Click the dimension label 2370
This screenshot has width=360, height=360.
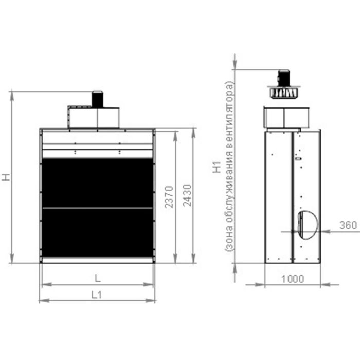(x=169, y=197)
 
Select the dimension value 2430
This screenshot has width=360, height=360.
(x=187, y=195)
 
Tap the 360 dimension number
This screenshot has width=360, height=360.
(x=348, y=225)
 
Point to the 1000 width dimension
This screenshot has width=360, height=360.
(x=293, y=279)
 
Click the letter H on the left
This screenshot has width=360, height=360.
(x=6, y=177)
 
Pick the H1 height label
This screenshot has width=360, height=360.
(x=217, y=167)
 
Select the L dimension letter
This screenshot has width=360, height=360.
(x=98, y=278)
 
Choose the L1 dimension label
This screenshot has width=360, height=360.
(x=97, y=295)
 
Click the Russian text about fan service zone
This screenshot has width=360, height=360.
(x=229, y=167)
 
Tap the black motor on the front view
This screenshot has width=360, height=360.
(x=97, y=99)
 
